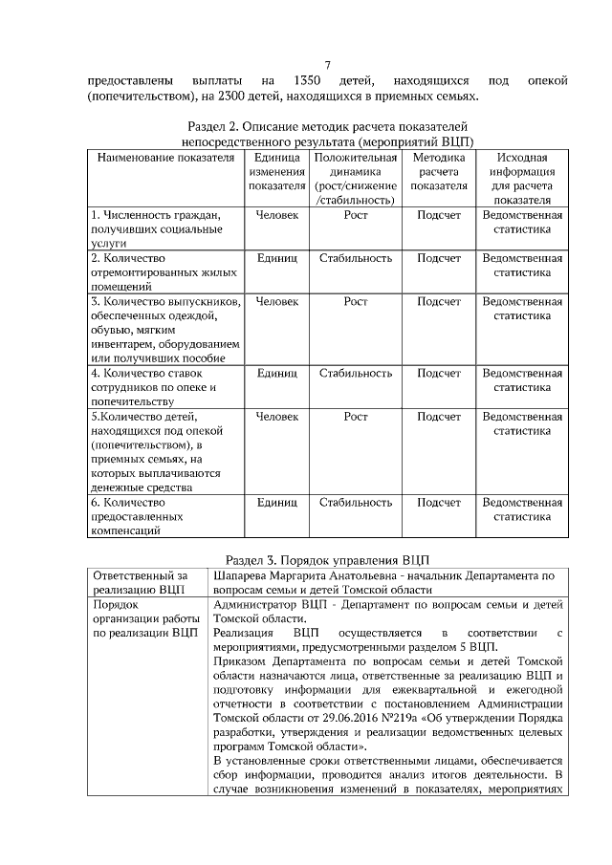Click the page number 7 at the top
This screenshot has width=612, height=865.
[x=327, y=65]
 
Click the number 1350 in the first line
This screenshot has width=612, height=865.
[x=313, y=80]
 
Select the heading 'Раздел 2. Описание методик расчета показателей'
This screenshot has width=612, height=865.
[x=327, y=126]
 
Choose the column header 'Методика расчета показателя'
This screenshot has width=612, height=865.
[x=439, y=171]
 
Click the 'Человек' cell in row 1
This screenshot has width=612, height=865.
[x=277, y=216]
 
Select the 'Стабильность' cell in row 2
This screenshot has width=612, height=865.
[x=356, y=258]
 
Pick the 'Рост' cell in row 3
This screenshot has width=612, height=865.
[x=356, y=301]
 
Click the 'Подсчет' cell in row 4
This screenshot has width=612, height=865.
[x=439, y=373]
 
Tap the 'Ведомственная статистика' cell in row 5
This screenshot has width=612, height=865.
[x=522, y=424]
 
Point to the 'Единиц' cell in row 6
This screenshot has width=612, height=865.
[x=277, y=502]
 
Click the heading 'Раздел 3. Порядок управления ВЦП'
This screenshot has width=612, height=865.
[x=327, y=558]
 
